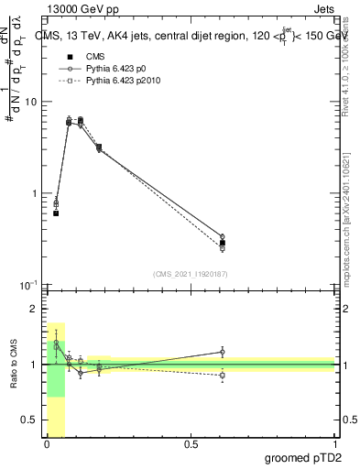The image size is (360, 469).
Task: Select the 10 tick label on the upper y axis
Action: [x=30, y=102]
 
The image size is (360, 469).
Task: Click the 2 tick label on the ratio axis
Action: [x=34, y=310]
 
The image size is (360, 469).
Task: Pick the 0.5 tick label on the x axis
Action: [x=191, y=444]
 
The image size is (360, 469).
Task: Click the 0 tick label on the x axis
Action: [x=47, y=444]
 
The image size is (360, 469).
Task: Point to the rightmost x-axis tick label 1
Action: [x=334, y=444]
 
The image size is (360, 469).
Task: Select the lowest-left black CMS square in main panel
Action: [x=56, y=213]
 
